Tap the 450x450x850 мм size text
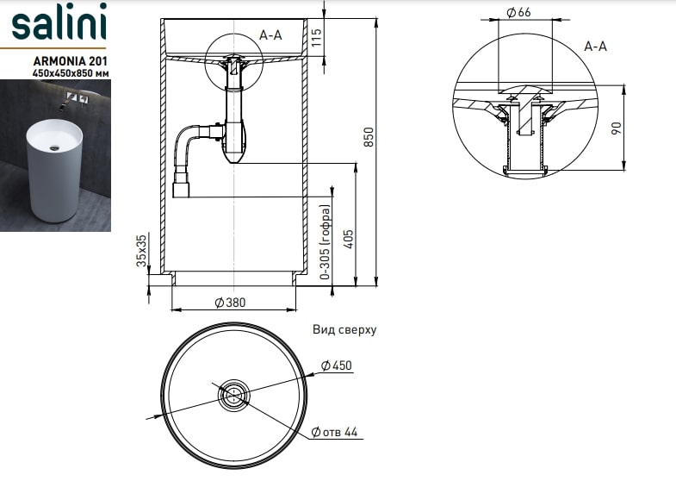(69, 74)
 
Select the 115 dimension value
(316, 37)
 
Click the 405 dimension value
(349, 238)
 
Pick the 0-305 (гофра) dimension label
(326, 244)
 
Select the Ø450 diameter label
(337, 365)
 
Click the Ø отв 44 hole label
(335, 432)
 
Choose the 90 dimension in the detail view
(615, 128)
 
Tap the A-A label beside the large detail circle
(595, 46)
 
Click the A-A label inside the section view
(270, 34)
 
